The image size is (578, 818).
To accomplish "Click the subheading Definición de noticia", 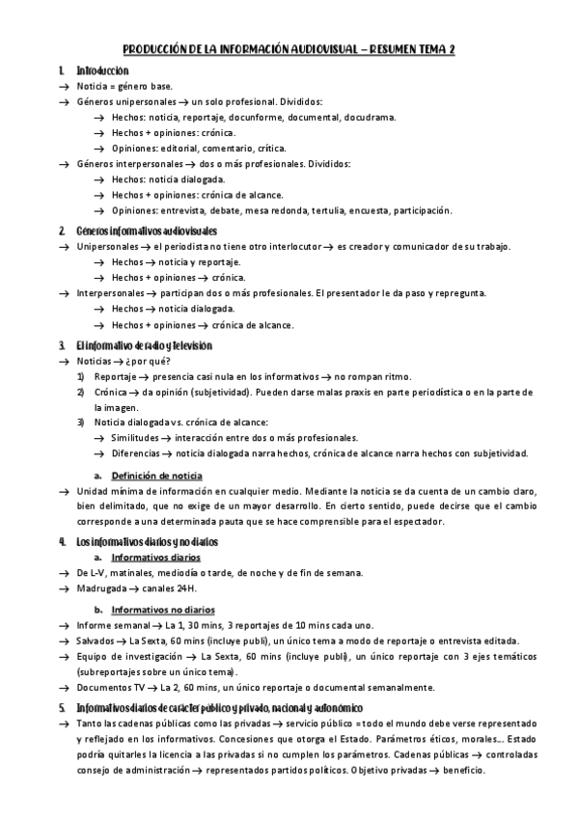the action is point(157,476).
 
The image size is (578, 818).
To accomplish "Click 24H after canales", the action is point(183,587).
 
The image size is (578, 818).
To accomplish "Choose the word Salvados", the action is point(96,641).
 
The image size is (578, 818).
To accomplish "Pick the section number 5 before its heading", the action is point(61,707).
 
